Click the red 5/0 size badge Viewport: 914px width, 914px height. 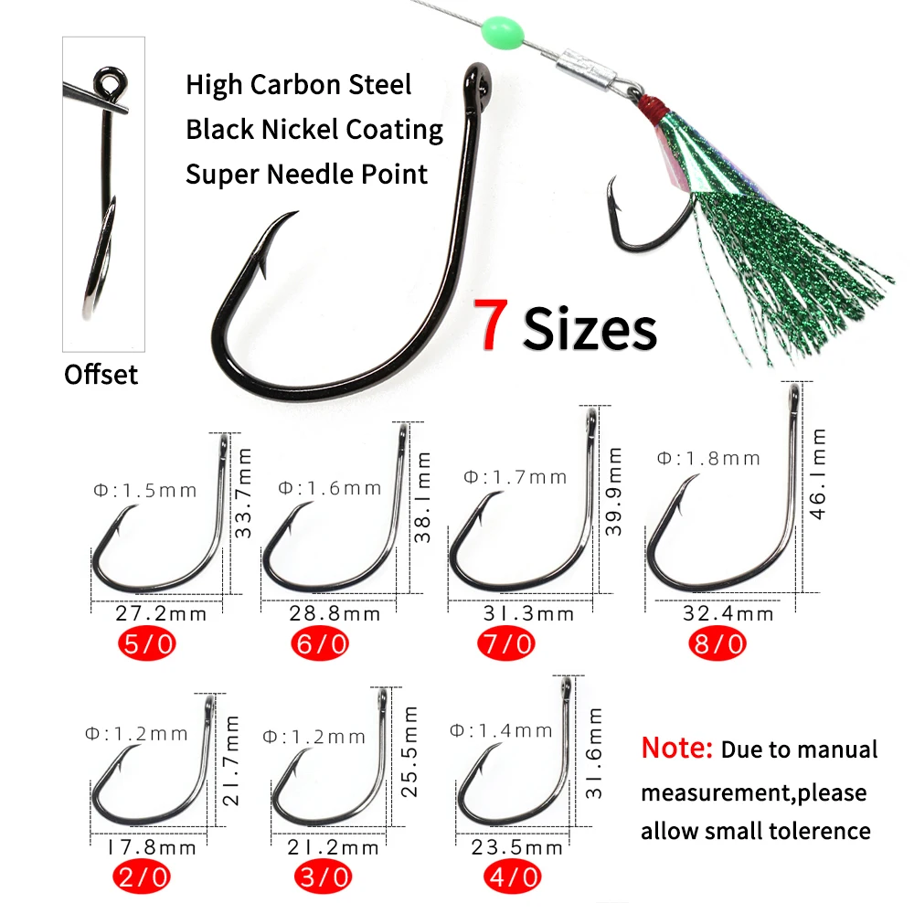[x=147, y=643]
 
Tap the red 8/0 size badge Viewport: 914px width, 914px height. [x=717, y=643]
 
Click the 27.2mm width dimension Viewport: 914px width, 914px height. [x=162, y=613]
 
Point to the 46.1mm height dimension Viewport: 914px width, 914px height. [x=819, y=473]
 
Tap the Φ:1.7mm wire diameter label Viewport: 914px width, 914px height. [x=515, y=477]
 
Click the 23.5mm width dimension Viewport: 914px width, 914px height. [x=517, y=847]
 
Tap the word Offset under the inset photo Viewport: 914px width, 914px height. [x=101, y=375]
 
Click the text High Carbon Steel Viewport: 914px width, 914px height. [x=299, y=85]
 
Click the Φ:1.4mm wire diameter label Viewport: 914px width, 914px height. [x=502, y=730]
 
